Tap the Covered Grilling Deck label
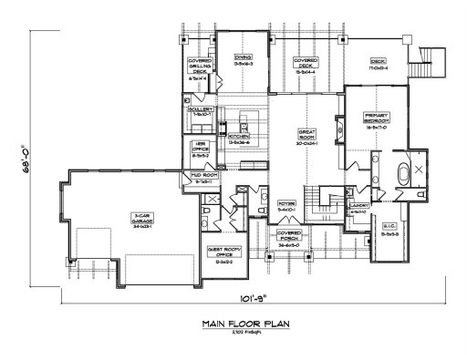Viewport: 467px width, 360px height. click(198, 71)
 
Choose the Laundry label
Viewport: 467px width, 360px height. click(357, 209)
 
